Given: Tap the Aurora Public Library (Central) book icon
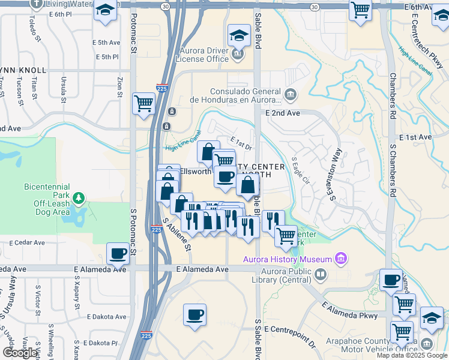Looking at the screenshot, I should click(x=321, y=275).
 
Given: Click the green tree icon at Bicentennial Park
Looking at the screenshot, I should click(x=78, y=198).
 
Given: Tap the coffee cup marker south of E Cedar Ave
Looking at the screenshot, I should click(x=118, y=253).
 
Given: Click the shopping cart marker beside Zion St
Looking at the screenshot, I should click(x=143, y=103).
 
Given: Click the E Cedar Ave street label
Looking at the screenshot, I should click(x=27, y=243).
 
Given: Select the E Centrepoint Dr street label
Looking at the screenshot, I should click(x=289, y=337).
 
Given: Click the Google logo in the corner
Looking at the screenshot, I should click(x=20, y=353).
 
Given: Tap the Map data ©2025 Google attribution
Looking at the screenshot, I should click(x=412, y=355).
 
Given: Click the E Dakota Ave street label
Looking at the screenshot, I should click(x=107, y=316).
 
